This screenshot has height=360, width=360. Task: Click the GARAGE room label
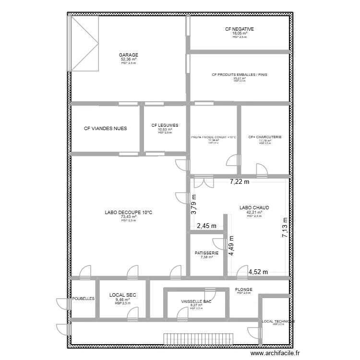tap(129, 55)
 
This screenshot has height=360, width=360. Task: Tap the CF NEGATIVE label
tap(240, 29)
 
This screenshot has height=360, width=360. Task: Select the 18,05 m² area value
tap(240, 34)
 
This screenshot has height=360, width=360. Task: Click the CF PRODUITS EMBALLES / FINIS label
tap(240, 74)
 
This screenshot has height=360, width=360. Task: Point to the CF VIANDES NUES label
tap(106, 129)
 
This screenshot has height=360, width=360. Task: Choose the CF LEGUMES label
tap(165, 125)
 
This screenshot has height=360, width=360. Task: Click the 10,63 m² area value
tap(165, 129)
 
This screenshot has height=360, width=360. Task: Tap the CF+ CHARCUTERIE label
tap(265, 137)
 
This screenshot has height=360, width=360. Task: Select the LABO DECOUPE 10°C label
tap(128, 212)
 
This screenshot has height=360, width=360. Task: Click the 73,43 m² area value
tap(128, 216)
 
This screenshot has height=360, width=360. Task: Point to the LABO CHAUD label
tap(254, 208)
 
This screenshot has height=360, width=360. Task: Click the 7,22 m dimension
tap(240, 181)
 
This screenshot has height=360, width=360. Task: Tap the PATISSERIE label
tap(207, 253)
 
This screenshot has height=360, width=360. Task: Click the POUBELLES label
tap(84, 298)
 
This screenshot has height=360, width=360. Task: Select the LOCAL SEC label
tap(123, 295)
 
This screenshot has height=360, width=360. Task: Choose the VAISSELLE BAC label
tap(196, 301)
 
